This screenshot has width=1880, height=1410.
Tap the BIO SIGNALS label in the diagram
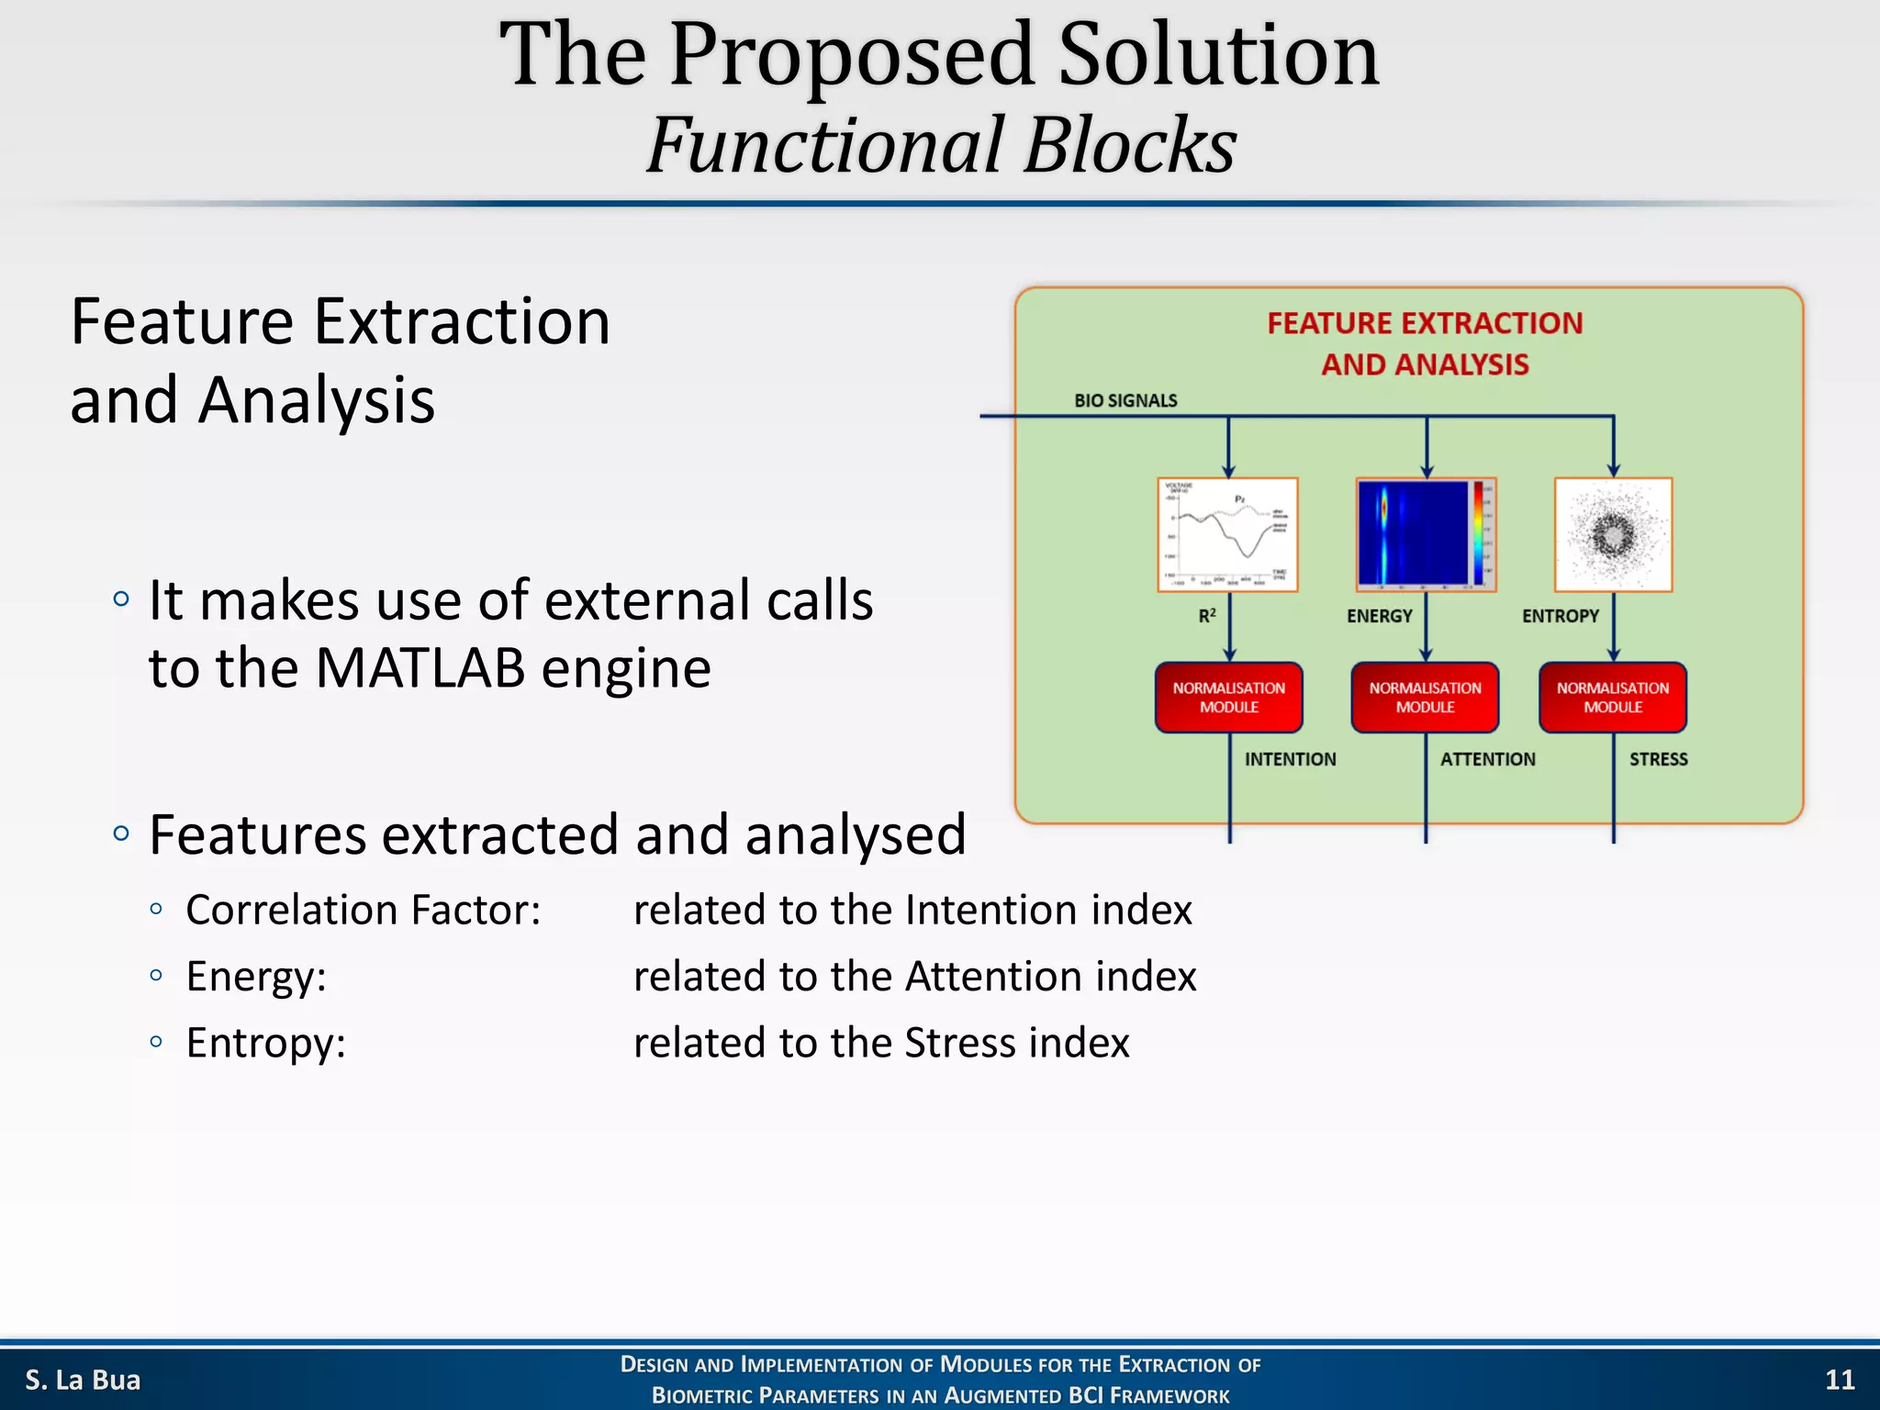[1125, 400]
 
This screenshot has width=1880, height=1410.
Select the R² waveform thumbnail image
[1227, 534]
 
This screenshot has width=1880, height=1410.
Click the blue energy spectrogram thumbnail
[1425, 534]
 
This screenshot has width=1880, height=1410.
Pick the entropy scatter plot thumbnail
[1613, 534]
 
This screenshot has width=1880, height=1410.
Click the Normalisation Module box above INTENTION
[1228, 698]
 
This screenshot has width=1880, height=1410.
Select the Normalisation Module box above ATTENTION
[1425, 698]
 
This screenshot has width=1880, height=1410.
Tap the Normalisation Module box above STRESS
[1612, 698]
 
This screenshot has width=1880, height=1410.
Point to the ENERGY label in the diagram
[1379, 616]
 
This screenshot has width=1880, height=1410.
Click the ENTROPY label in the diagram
[1560, 616]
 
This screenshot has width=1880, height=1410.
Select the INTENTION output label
[1290, 759]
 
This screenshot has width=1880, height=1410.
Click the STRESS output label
[1658, 759]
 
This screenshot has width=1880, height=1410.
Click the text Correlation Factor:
[363, 910]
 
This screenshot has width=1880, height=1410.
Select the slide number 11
[1839, 1380]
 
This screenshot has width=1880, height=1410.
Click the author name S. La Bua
[83, 1380]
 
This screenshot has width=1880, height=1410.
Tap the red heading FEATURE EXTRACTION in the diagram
[1425, 323]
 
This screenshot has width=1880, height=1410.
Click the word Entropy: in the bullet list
[265, 1043]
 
